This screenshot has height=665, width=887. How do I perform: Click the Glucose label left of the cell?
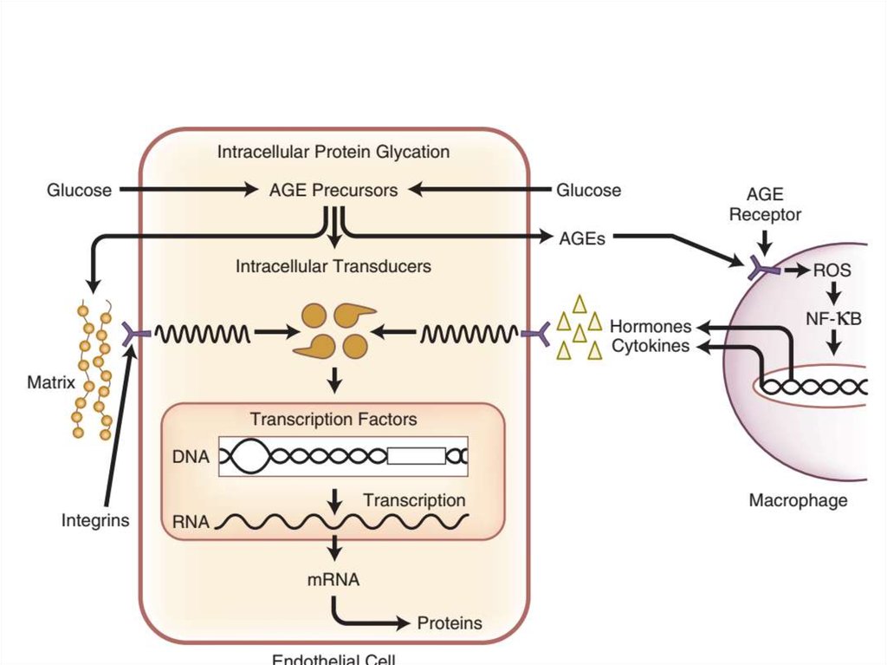point(79,190)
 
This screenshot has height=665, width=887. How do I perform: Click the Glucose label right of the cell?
point(588,190)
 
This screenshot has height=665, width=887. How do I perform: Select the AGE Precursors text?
point(333,190)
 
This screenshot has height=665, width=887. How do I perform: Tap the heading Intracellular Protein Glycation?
point(333,152)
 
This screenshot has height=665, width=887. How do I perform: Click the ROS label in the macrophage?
point(832,271)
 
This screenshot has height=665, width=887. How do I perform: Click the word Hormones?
point(651,327)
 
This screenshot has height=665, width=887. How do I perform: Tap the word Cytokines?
point(651,347)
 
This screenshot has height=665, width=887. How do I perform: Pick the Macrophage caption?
point(798,500)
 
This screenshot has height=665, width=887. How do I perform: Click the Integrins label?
point(95,521)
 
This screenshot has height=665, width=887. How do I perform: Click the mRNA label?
point(333,579)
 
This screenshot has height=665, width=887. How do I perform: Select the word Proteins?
point(450,623)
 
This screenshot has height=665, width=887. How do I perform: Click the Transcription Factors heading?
point(333,420)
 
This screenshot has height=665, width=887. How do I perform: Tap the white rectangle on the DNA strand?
point(417,455)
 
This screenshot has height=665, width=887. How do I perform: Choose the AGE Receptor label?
point(765,205)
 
